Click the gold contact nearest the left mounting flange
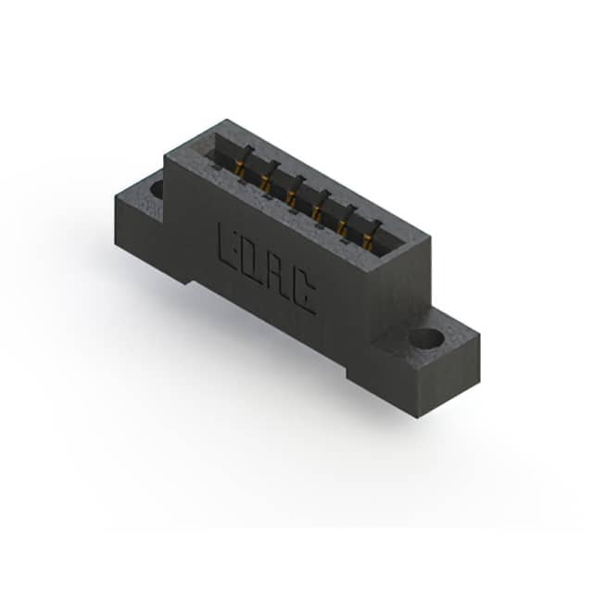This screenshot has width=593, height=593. pyautogui.click(x=239, y=166)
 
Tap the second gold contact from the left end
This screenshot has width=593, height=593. pyautogui.click(x=265, y=183)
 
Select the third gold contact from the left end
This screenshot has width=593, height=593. pyautogui.click(x=291, y=197)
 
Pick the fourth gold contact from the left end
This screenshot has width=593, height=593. pyautogui.click(x=316, y=213)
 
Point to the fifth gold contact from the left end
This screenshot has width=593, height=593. pyautogui.click(x=342, y=228)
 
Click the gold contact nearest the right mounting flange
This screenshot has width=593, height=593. pyautogui.click(x=367, y=242)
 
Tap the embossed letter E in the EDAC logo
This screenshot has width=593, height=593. pyautogui.click(x=226, y=246)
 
